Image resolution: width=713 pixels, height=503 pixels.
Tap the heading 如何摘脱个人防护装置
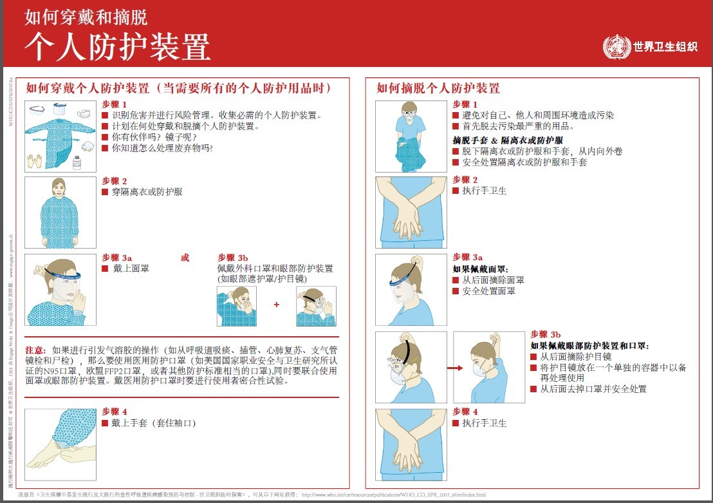438,88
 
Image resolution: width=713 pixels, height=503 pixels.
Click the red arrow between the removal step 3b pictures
454,368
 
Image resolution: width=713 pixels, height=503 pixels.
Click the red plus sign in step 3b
277,305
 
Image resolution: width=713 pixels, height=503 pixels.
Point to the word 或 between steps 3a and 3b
185,258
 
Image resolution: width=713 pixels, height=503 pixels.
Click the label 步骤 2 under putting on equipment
115,182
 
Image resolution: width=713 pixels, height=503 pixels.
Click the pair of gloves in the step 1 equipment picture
35,160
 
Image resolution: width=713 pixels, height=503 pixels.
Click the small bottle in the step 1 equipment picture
77,162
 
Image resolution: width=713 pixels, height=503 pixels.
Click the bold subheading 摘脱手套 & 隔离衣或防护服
508,140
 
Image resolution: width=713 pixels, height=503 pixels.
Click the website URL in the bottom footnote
393,495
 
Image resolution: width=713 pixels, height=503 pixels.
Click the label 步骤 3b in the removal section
545,334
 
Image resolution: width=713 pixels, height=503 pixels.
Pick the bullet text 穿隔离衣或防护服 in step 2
147,192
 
